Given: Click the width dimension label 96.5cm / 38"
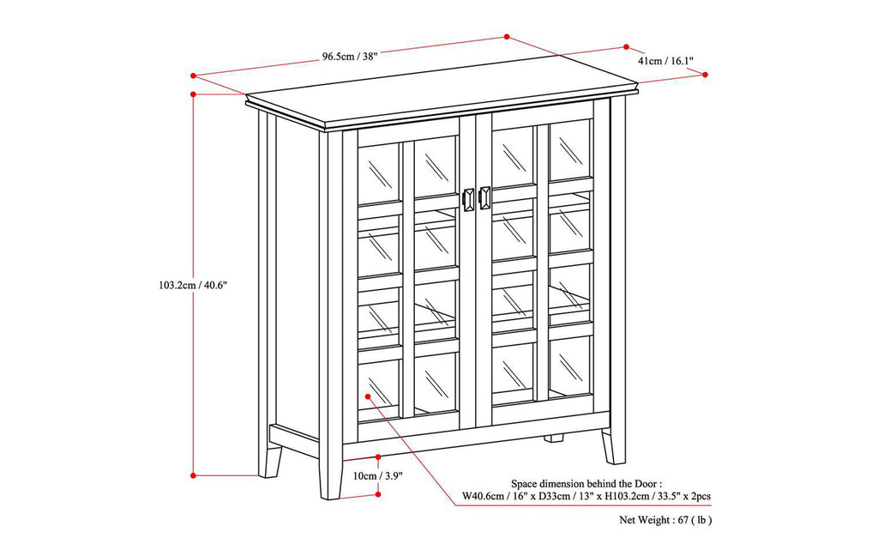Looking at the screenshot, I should pyautogui.click(x=350, y=57).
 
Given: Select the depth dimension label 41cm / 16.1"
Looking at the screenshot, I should pyautogui.click(x=665, y=61).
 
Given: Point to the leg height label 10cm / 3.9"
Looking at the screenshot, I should pyautogui.click(x=376, y=475).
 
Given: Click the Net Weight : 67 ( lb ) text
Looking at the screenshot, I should pyautogui.click(x=666, y=520).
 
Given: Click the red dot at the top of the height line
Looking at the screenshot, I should pyautogui.click(x=195, y=94).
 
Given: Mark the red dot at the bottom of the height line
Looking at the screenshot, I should pyautogui.click(x=195, y=474).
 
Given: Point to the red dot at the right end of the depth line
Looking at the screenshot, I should pyautogui.click(x=705, y=75).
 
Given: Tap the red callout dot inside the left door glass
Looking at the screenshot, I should pyautogui.click(x=368, y=396).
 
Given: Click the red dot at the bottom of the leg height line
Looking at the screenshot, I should pyautogui.click(x=378, y=493).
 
